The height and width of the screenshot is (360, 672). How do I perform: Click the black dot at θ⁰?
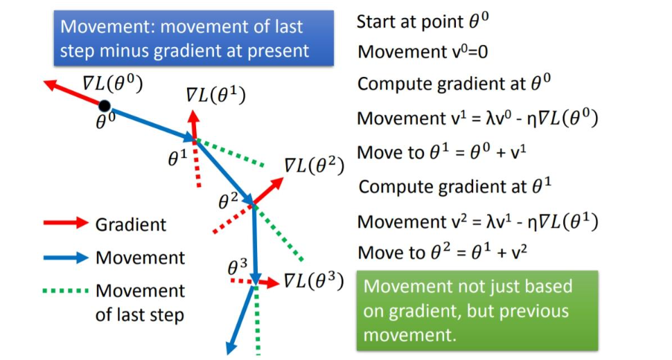(x=105, y=106)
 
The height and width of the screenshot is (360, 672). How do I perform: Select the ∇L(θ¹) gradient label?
(x=215, y=96)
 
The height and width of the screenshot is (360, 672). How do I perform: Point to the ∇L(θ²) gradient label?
(x=314, y=165)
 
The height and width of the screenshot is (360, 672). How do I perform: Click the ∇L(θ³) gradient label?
(x=313, y=281)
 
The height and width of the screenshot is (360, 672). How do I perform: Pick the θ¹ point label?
(x=178, y=159)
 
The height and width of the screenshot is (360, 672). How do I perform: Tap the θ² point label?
(x=229, y=201)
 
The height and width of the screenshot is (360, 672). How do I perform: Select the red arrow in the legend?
(x=66, y=224)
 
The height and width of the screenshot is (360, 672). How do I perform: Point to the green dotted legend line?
(x=66, y=291)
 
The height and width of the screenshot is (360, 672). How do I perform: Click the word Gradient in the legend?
(x=131, y=224)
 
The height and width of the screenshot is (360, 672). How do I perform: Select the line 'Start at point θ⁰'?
(x=423, y=21)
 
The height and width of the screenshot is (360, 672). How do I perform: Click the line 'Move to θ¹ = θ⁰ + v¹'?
(x=447, y=152)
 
